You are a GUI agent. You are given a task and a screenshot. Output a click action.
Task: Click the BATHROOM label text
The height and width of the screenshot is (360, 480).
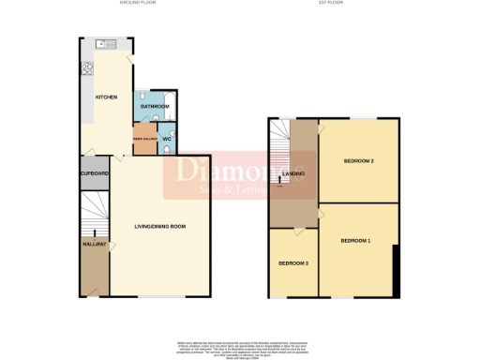(155, 108)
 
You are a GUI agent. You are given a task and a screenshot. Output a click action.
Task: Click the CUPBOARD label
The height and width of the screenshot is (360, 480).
(94, 174)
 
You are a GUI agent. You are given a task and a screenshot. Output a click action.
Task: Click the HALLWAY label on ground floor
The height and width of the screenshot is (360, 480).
(92, 245)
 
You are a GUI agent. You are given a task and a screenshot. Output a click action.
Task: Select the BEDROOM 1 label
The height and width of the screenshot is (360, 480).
(355, 242)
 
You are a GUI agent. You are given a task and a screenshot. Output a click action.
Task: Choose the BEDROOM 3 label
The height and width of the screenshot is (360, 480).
(293, 262)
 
